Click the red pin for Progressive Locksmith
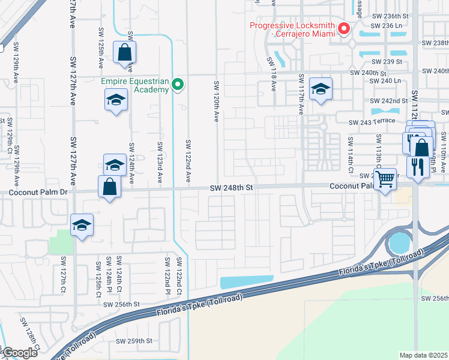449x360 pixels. (x=345, y=29)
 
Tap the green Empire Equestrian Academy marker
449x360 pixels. (x=178, y=85)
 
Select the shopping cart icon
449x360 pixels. (x=385, y=178)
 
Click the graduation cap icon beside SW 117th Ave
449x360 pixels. (x=321, y=89)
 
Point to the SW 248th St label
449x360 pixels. (x=232, y=188)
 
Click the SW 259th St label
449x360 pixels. (x=134, y=341)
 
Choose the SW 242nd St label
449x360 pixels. (x=389, y=101)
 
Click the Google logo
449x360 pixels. (x=20, y=353)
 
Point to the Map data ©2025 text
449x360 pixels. (x=423, y=355)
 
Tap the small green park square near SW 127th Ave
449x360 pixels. (x=60, y=241)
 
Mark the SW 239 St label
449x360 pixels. (x=386, y=62)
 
